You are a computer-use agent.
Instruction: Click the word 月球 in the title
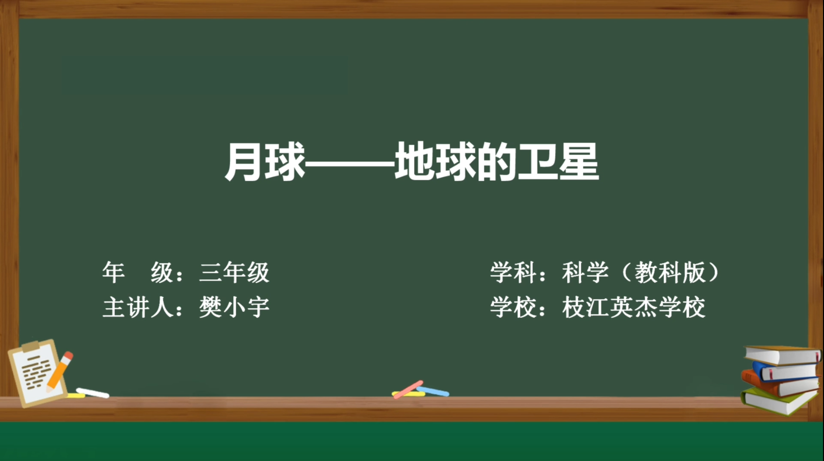pos(265,162)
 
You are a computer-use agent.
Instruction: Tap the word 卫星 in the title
pos(559,162)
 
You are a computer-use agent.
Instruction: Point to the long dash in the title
pos(350,162)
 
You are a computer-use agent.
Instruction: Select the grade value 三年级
pos(234,273)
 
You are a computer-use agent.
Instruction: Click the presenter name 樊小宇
pos(234,307)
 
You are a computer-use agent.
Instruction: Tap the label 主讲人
pos(138,307)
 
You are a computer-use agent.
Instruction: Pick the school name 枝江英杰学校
pos(633,307)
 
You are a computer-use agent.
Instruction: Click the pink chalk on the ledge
pos(409,390)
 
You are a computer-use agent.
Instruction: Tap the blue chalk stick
pos(433,392)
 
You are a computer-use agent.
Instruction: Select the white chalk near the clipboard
pos(92,393)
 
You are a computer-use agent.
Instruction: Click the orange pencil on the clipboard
pos(59,372)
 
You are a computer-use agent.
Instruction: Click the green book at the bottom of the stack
pos(778,401)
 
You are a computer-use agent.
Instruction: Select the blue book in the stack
pos(785,371)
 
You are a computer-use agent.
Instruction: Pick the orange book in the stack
pos(780,384)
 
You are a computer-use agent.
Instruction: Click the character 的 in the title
pos(497,162)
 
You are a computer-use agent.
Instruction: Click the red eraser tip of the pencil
pos(68,355)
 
